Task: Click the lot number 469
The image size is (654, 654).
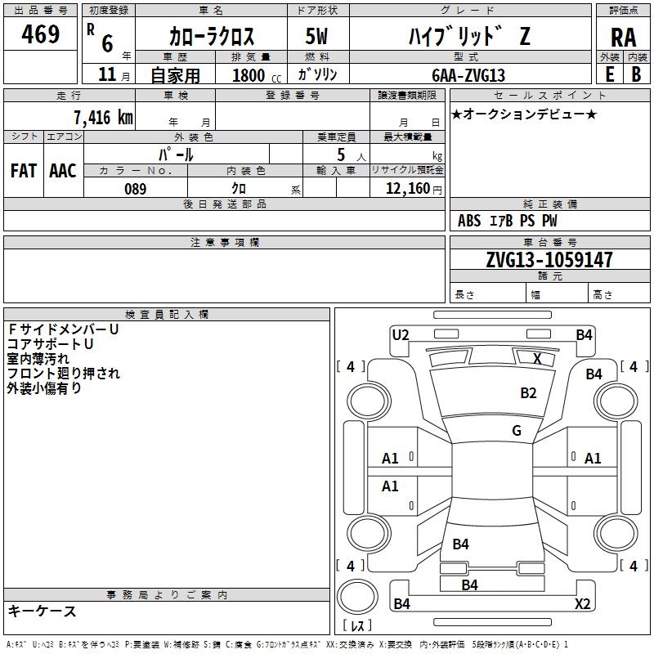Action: pyautogui.click(x=40, y=34)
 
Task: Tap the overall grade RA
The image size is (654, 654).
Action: pyautogui.click(x=623, y=38)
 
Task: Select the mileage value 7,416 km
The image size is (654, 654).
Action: pyautogui.click(x=103, y=117)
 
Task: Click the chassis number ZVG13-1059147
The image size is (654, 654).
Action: pyautogui.click(x=549, y=259)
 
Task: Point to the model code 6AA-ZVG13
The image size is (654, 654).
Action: pyautogui.click(x=468, y=75)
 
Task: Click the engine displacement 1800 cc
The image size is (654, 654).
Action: pyautogui.click(x=257, y=75)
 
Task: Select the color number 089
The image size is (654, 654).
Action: pyautogui.click(x=135, y=189)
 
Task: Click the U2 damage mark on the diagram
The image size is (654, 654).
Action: pyautogui.click(x=401, y=335)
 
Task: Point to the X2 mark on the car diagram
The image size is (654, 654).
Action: pyautogui.click(x=582, y=603)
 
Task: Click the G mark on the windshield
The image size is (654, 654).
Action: pyautogui.click(x=517, y=430)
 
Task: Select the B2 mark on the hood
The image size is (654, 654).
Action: pyautogui.click(x=528, y=392)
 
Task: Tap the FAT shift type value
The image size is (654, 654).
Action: pyautogui.click(x=24, y=171)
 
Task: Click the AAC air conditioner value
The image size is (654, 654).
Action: pyautogui.click(x=63, y=171)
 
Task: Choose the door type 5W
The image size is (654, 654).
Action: pyautogui.click(x=316, y=36)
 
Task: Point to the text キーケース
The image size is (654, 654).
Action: pyautogui.click(x=42, y=611)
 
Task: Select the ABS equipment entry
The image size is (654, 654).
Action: pyautogui.click(x=469, y=221)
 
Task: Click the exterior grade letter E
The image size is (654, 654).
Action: pyautogui.click(x=610, y=74)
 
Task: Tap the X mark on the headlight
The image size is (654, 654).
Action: pyautogui.click(x=537, y=358)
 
